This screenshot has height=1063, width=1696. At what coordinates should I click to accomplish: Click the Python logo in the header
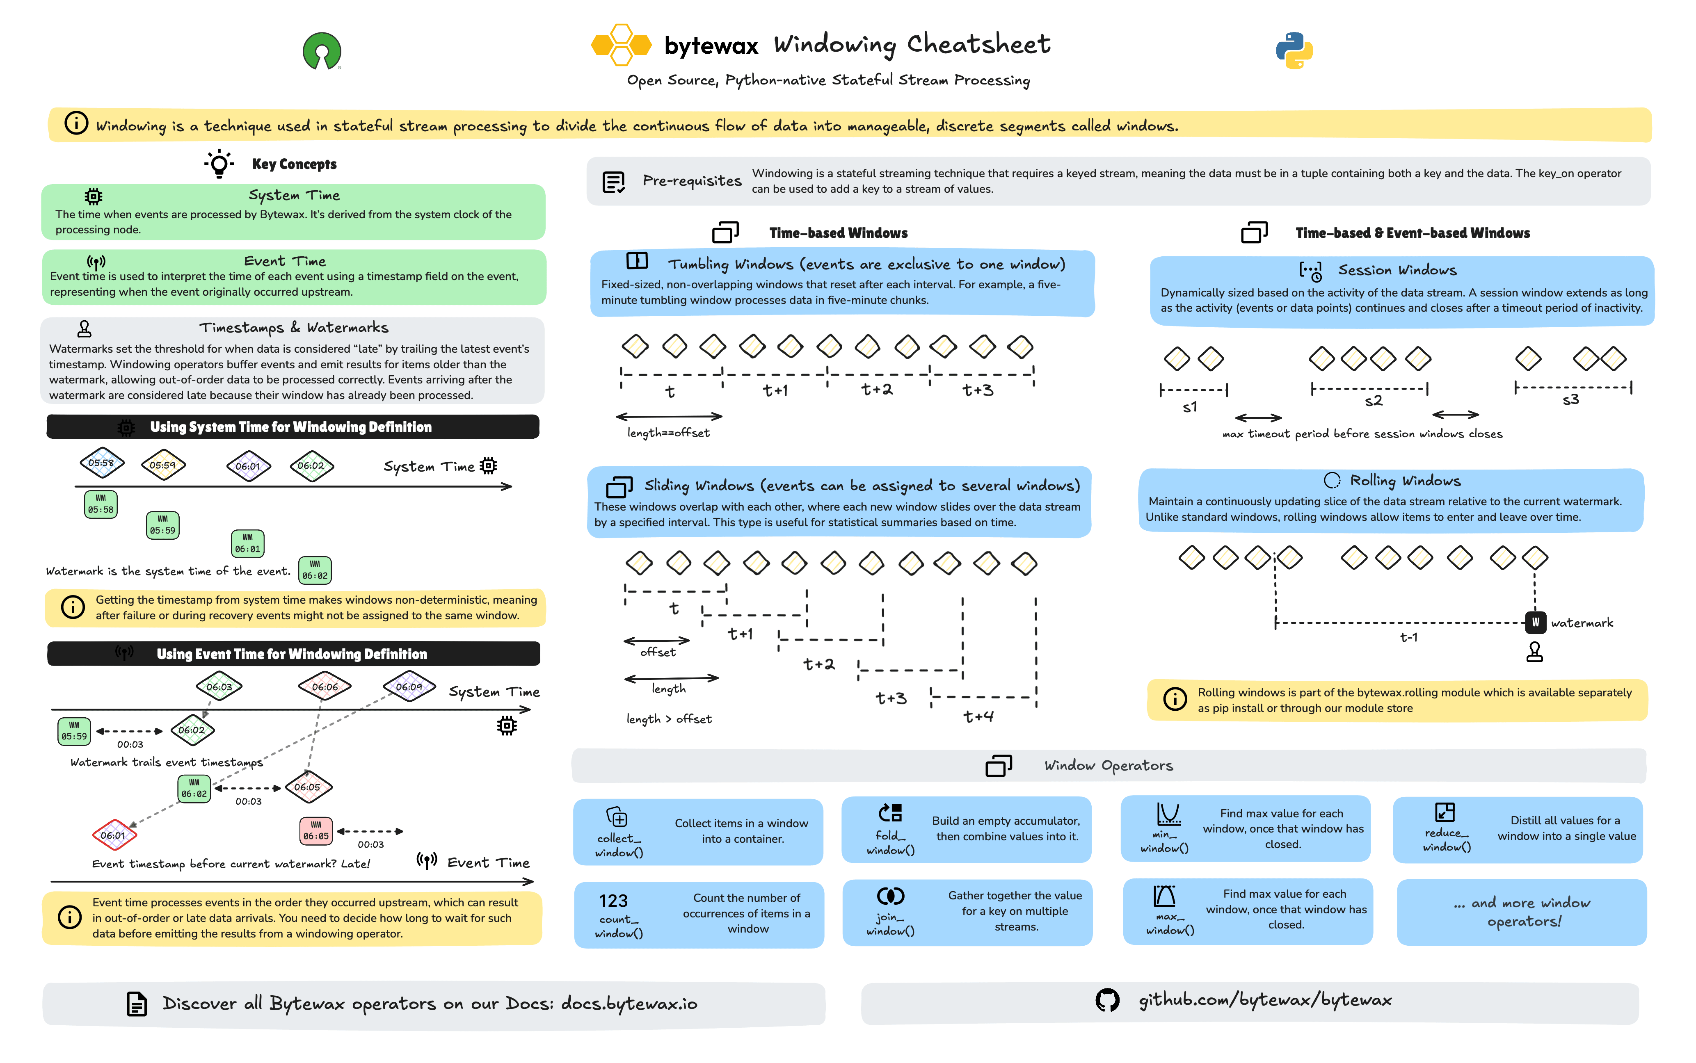coord(1294,50)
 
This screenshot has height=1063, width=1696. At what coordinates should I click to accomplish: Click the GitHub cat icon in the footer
coord(1107,1000)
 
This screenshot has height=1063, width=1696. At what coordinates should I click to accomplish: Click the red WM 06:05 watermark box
coord(316,831)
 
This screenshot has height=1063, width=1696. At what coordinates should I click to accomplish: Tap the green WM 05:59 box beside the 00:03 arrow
coord(74,731)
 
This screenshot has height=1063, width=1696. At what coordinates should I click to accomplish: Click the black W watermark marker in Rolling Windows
coord(1535,622)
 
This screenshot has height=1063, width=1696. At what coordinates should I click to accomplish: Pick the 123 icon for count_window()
coord(613,901)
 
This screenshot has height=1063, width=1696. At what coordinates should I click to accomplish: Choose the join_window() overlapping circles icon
coord(890,896)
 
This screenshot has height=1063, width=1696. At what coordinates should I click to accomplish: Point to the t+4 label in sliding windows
coord(978,716)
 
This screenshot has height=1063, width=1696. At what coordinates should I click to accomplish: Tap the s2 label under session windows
coord(1373,401)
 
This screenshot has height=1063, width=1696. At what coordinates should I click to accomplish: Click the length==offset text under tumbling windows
coord(668,433)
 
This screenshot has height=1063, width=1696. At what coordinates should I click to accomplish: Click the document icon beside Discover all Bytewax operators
coord(137,1004)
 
